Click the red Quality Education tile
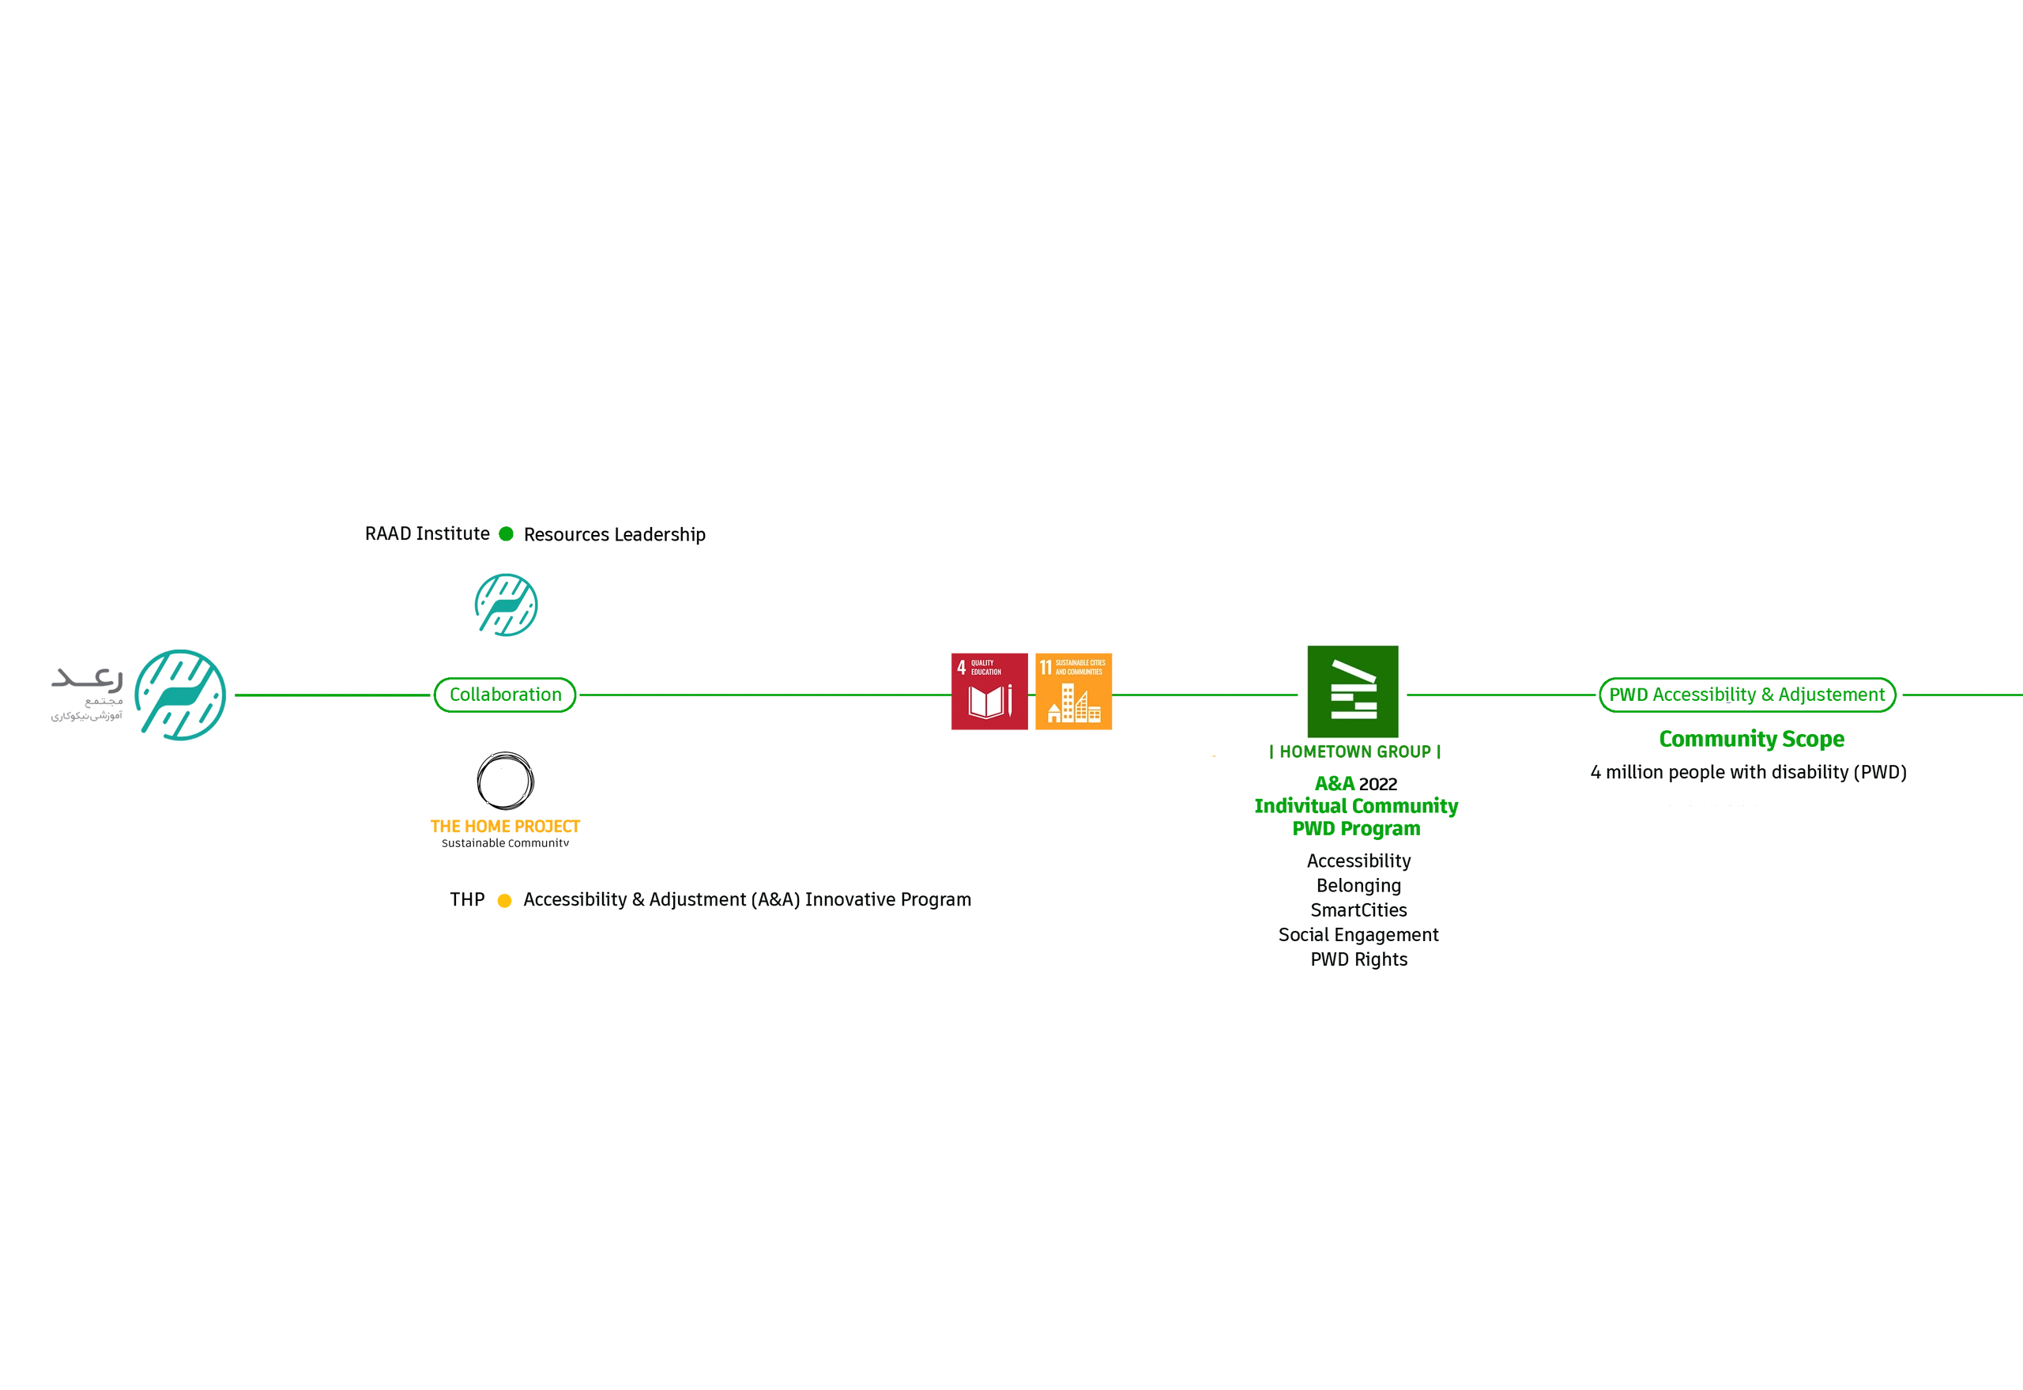click(x=989, y=691)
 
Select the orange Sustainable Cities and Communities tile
click(x=1073, y=691)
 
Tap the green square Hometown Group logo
click(x=1351, y=689)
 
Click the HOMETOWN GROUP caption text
click(x=1352, y=752)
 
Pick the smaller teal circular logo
click(x=506, y=603)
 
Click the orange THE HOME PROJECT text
click(x=505, y=826)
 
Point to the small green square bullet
click(x=506, y=533)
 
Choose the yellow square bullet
click(x=504, y=901)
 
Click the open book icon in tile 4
click(x=985, y=703)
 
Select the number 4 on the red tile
click(x=961, y=667)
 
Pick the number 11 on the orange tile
click(x=1045, y=667)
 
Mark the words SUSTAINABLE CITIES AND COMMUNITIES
click(x=1080, y=667)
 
